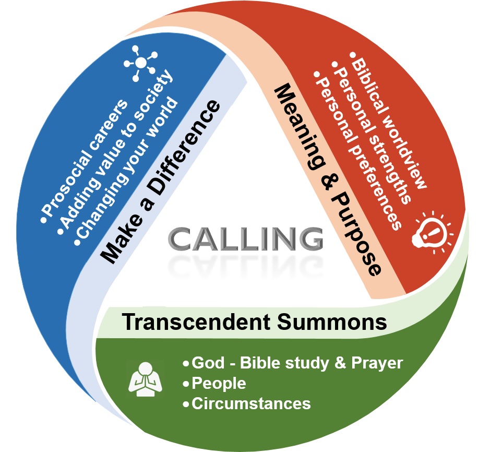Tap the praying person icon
pos(143,377)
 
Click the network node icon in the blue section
pos(140,64)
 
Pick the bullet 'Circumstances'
pos(250,403)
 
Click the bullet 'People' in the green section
pos(219,384)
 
